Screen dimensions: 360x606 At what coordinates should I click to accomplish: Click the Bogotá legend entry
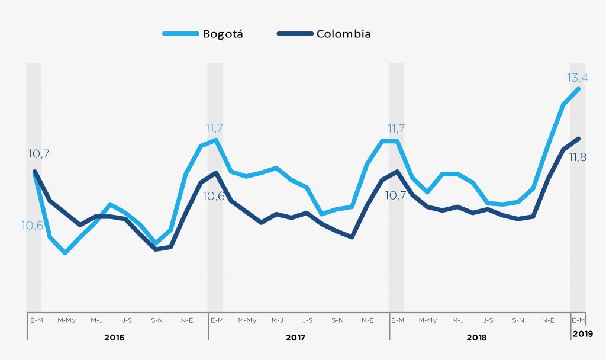click(x=203, y=34)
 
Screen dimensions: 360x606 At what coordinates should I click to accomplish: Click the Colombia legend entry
click(x=324, y=34)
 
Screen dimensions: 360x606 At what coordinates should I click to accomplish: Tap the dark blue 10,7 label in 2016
click(x=38, y=154)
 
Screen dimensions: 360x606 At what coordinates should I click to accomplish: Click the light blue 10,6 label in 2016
click(x=33, y=225)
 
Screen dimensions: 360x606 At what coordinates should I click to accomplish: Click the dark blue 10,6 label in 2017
click(x=213, y=196)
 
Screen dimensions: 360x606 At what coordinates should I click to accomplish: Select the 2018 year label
click(x=476, y=337)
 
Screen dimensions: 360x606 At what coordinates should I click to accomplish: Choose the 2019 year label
click(x=583, y=335)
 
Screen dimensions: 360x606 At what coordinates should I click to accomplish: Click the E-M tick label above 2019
click(x=578, y=320)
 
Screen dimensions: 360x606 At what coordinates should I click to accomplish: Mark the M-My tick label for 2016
click(x=66, y=320)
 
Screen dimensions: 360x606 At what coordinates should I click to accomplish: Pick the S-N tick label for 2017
click(x=337, y=320)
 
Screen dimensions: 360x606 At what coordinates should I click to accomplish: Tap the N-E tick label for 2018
click(x=549, y=320)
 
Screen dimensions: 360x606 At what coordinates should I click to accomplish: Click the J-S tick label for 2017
click(x=308, y=320)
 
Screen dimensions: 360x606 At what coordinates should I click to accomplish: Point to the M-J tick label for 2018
click(x=458, y=320)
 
